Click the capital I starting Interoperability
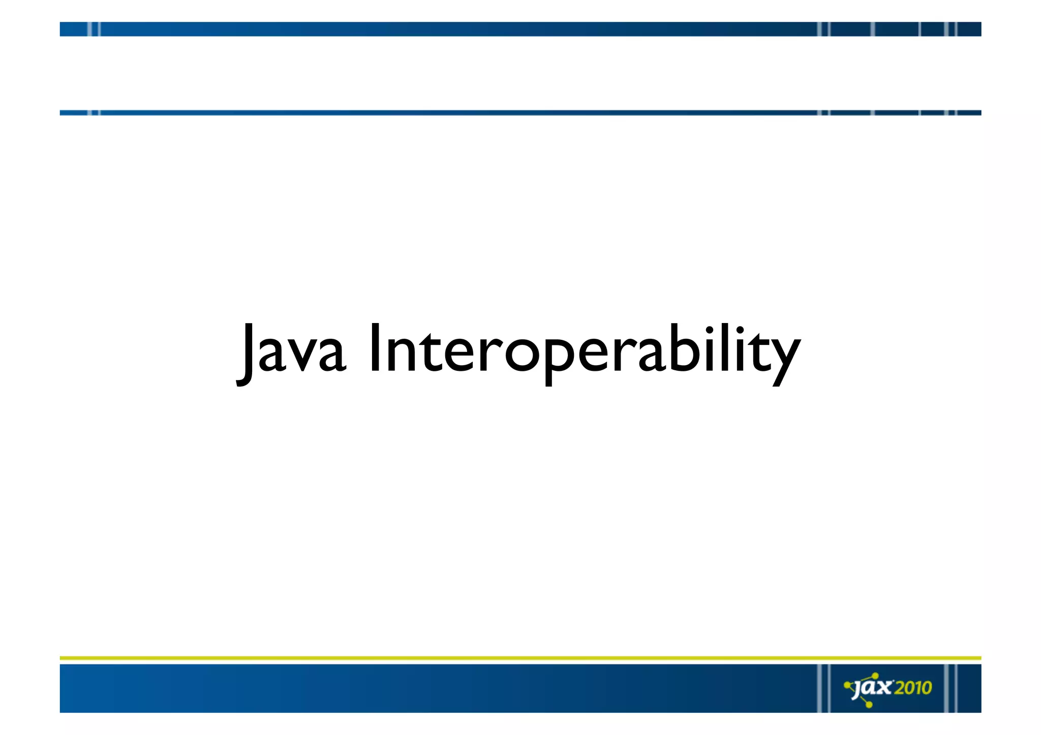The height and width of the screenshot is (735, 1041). tap(375, 348)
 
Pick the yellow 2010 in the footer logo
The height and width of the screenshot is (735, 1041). tap(913, 688)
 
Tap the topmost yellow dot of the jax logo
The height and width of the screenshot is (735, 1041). tap(875, 676)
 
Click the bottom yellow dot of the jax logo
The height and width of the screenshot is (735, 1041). tap(869, 705)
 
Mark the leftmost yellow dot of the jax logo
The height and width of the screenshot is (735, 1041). tap(847, 685)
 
